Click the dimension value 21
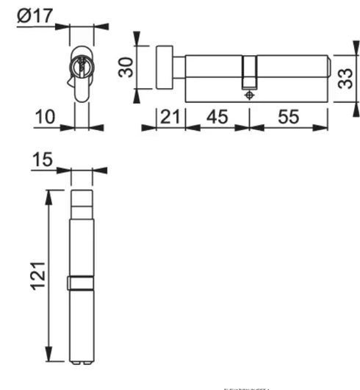point(170,118)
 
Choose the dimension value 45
point(217,118)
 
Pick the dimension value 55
point(288,118)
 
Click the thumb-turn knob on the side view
point(164,67)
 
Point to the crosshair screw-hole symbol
point(251,95)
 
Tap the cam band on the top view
point(82,283)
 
